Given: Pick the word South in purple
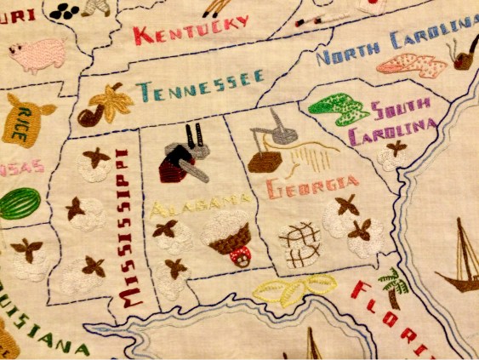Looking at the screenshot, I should click(403, 111).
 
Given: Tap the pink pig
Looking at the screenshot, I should click(37, 54).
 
